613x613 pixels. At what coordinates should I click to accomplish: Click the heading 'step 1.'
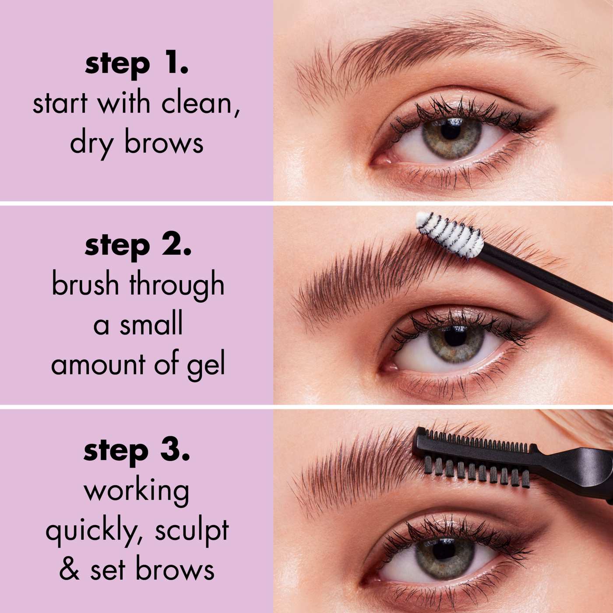click(x=137, y=64)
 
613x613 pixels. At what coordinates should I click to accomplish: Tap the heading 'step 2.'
click(x=138, y=245)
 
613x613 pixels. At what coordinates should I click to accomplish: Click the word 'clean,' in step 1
click(x=201, y=104)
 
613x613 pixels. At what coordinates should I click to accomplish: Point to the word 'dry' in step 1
click(x=90, y=144)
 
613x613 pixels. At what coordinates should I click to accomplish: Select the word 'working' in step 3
click(x=137, y=491)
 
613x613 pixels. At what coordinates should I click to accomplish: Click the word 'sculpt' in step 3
click(x=192, y=531)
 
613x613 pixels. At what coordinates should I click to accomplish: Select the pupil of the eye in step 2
click(x=456, y=336)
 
